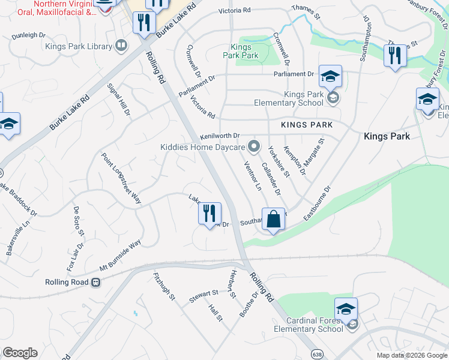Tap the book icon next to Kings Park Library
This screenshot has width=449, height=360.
click(121, 46)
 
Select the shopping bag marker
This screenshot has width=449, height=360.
click(273, 220)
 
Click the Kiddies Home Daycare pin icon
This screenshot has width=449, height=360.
click(255, 146)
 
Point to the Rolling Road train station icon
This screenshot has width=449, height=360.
click(95, 282)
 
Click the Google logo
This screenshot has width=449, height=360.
click(20, 353)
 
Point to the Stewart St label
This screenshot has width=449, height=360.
click(204, 295)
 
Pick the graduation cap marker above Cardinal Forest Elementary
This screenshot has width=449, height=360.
click(346, 310)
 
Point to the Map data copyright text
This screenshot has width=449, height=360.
click(412, 355)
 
